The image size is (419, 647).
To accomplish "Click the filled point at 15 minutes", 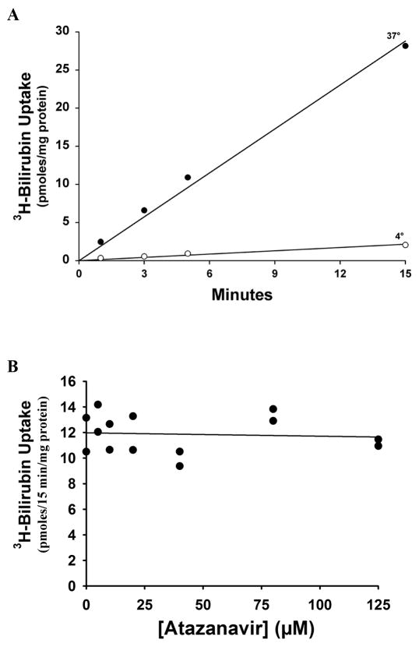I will (x=405, y=46).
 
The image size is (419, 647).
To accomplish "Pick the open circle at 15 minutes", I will (x=405, y=245).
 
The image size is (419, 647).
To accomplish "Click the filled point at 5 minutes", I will (x=188, y=178).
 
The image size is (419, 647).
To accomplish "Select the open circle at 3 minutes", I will (x=144, y=256).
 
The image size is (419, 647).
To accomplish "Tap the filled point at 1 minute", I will (x=100, y=242).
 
